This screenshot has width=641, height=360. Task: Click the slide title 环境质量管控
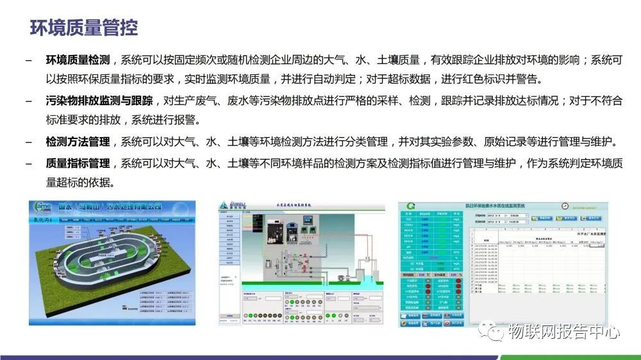click(84, 28)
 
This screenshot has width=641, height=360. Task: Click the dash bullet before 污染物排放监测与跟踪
click(28, 101)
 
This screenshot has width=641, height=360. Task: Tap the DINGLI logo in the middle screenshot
click(232, 206)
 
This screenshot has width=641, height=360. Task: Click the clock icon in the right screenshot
click(565, 206)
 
